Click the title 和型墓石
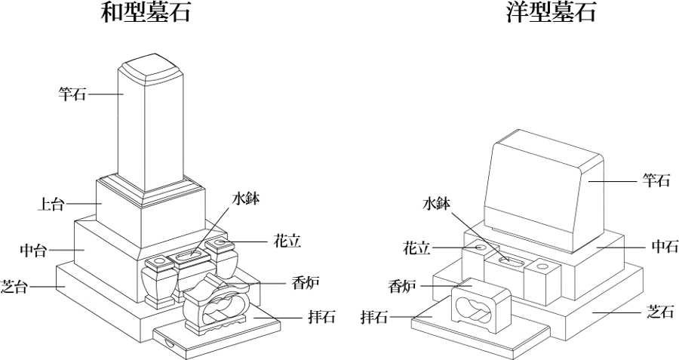click(146, 14)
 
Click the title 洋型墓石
click(551, 14)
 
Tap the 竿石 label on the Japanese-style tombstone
click(72, 94)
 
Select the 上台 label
click(51, 204)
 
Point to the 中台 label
click(33, 249)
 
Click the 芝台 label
click(15, 287)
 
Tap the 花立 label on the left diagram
click(287, 242)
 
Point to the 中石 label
click(664, 246)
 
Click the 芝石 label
click(660, 310)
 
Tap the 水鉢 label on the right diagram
click(436, 204)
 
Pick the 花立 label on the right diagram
click(416, 247)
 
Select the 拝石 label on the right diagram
click(374, 317)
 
